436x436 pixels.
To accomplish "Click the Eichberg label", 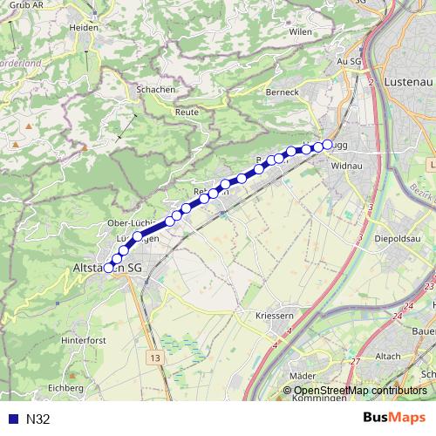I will click(65, 387).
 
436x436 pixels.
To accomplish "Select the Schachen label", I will click(157, 90).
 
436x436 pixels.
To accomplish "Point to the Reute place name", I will click(187, 112).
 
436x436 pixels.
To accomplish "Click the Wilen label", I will click(300, 31).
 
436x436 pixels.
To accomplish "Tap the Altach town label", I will click(388, 356).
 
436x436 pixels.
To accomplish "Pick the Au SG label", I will click(349, 62).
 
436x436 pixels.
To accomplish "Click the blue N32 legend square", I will click(11, 419).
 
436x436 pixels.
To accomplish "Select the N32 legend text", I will click(38, 419).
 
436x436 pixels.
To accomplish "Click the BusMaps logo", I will click(393, 418).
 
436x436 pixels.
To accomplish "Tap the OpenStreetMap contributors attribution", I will click(359, 392).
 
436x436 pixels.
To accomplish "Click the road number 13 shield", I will click(155, 358).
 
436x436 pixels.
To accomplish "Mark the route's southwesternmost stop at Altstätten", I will click(109, 269).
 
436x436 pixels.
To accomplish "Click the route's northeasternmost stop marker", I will click(328, 144).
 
